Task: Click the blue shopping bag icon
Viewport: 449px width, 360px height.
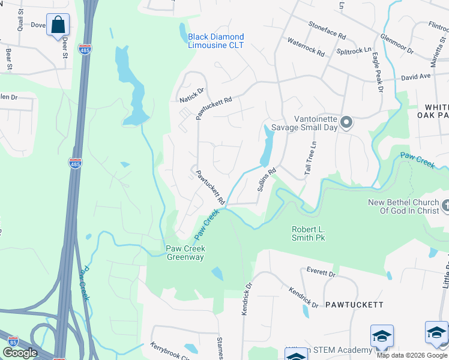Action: click(x=58, y=25)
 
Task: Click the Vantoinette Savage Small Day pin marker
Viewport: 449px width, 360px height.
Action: click(x=346, y=122)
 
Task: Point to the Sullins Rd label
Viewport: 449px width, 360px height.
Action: click(x=267, y=179)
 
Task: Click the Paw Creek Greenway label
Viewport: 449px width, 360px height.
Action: click(x=185, y=253)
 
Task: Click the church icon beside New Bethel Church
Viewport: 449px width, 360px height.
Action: click(x=445, y=206)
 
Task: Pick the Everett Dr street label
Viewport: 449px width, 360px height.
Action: click(x=321, y=273)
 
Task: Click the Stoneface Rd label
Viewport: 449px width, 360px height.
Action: click(x=327, y=28)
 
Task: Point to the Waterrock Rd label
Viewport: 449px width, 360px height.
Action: click(x=306, y=47)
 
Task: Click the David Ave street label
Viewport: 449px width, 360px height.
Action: click(x=416, y=77)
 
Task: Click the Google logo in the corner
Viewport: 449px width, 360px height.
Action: click(x=20, y=353)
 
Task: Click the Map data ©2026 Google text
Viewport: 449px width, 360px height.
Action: click(x=411, y=355)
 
